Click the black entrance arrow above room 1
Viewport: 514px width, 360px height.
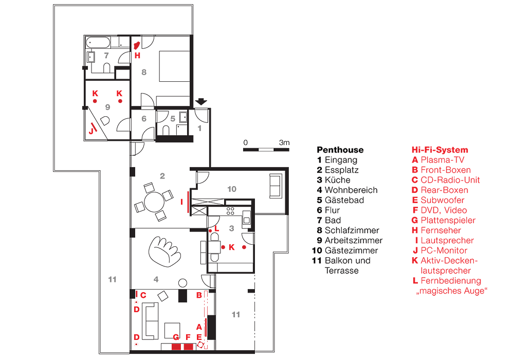coord(201,102)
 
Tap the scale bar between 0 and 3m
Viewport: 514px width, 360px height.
coord(267,150)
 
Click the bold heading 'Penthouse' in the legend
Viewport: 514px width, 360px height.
coord(340,150)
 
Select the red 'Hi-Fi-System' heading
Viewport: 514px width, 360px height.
coord(439,150)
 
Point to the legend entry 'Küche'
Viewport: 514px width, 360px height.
coord(337,180)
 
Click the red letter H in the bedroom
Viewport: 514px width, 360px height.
coord(137,56)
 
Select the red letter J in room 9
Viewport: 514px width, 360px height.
coord(91,131)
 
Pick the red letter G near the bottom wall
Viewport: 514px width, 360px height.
coord(176,337)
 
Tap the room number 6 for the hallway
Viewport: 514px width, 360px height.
coord(144,119)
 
